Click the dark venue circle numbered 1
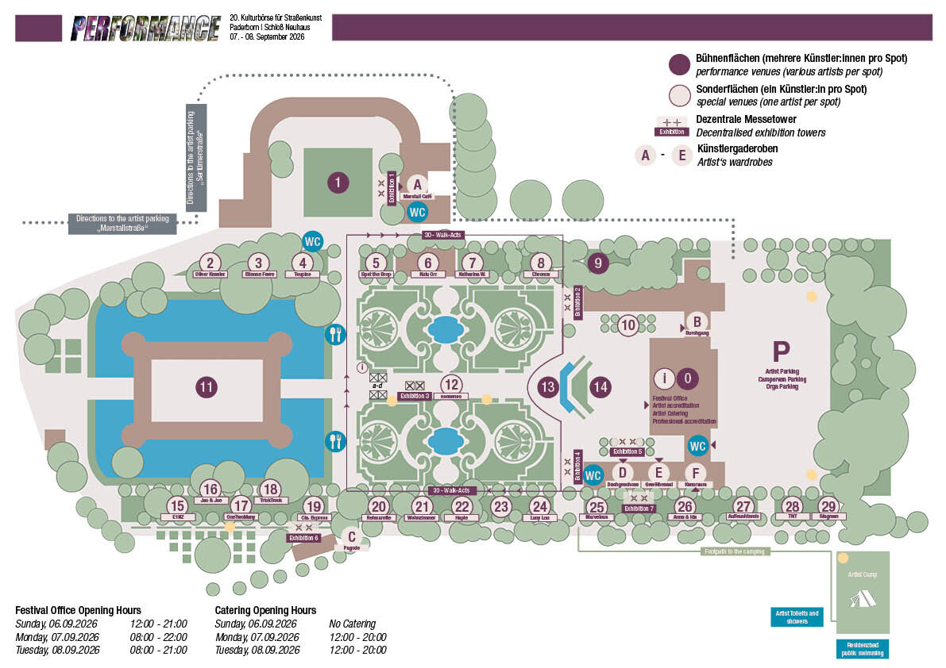338,183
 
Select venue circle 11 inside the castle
207,387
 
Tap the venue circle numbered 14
601,387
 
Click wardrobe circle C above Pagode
350,536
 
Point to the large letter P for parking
782,350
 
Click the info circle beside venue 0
664,378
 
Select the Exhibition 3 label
415,395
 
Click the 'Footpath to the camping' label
736,551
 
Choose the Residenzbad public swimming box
862,648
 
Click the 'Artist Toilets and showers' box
796,616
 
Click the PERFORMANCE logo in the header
145,29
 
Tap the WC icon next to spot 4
313,241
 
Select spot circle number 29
828,506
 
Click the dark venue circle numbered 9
597,263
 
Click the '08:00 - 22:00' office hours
158,637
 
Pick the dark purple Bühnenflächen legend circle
679,65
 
